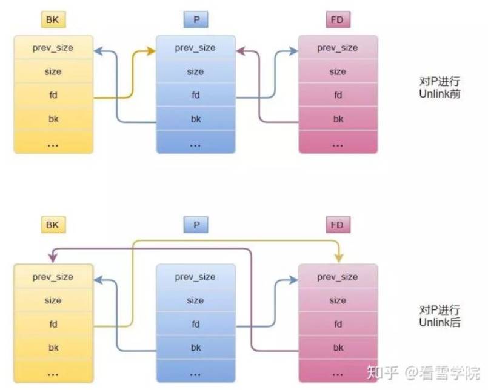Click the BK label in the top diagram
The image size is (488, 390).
click(x=53, y=20)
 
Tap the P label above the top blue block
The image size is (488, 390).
click(x=195, y=20)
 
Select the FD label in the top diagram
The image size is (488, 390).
click(x=338, y=20)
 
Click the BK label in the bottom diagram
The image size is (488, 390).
click(x=53, y=225)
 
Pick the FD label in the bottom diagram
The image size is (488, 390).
click(x=338, y=225)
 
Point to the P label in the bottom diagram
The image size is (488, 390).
click(x=195, y=225)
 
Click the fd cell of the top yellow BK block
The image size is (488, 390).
click(x=53, y=96)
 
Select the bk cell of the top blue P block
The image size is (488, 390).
click(x=195, y=119)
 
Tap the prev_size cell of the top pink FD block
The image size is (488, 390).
click(x=338, y=48)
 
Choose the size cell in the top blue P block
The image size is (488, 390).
click(x=195, y=71)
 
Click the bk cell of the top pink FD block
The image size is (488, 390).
click(x=338, y=119)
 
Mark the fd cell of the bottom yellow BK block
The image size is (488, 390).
click(x=53, y=324)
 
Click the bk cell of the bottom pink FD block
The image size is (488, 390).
click(x=338, y=348)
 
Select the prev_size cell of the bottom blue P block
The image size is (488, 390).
click(x=195, y=277)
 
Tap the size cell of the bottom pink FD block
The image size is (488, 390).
click(x=338, y=300)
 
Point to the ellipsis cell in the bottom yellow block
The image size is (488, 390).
click(x=53, y=371)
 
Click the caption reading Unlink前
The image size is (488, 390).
click(x=440, y=94)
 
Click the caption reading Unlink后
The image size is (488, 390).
click(x=440, y=323)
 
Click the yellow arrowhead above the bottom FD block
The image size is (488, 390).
click(x=338, y=258)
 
